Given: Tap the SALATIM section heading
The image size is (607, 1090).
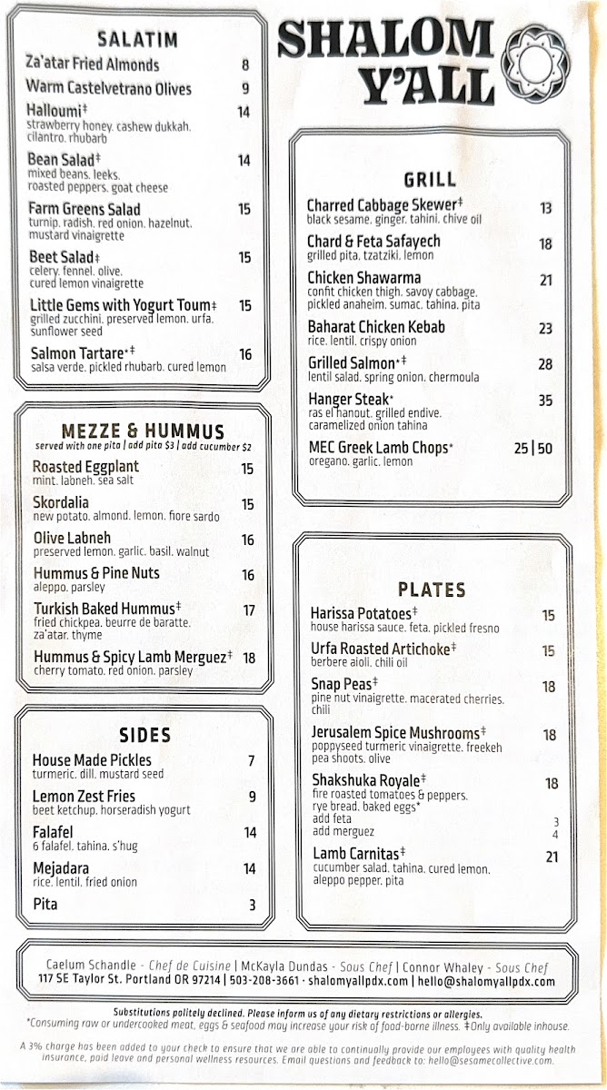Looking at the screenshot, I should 138,40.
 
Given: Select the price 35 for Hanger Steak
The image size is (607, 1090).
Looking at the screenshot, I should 545,400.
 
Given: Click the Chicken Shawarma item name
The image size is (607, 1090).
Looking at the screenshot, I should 363,278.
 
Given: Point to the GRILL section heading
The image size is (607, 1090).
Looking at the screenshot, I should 431,179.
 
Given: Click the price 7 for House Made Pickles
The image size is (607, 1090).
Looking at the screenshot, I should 252,761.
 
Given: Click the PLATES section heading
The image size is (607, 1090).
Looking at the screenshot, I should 432,590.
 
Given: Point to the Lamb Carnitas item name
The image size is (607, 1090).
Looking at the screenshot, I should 356,854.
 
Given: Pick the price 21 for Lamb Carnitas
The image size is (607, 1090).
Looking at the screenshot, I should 552,857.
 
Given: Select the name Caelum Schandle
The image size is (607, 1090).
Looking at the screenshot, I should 91,964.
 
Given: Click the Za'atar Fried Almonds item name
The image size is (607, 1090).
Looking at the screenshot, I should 94,64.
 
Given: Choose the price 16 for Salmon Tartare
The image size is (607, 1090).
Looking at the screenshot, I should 245,355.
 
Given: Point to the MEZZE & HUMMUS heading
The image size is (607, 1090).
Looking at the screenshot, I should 143,431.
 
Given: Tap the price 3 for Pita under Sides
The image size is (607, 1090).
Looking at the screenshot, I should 253,905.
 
